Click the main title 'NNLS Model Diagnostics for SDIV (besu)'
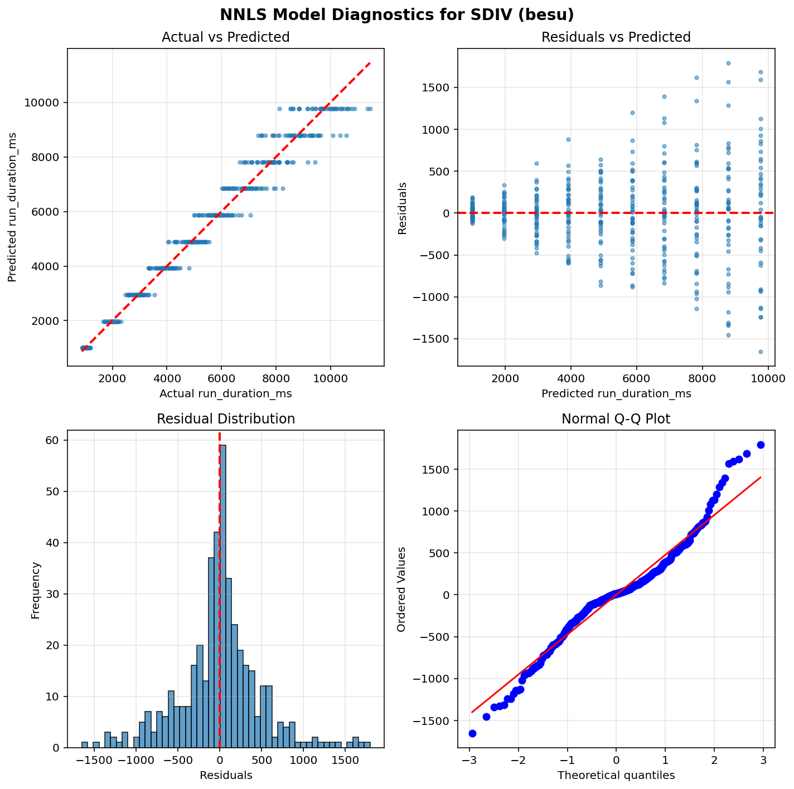(397, 14)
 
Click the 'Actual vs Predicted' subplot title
(225, 37)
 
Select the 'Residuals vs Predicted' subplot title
(616, 37)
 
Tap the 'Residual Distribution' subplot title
(225, 419)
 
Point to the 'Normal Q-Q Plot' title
(616, 419)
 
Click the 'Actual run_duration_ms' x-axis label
(225, 394)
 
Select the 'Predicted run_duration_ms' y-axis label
(12, 207)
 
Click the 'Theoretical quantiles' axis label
(616, 775)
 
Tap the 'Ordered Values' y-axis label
(401, 589)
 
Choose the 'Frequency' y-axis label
(36, 589)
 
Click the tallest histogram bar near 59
(223, 596)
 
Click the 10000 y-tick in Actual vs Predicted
(46, 103)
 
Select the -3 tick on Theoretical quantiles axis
(469, 760)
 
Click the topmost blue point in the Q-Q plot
(761, 445)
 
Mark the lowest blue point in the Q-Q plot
(472, 733)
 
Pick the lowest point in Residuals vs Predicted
(761, 352)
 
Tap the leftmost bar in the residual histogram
(85, 744)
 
